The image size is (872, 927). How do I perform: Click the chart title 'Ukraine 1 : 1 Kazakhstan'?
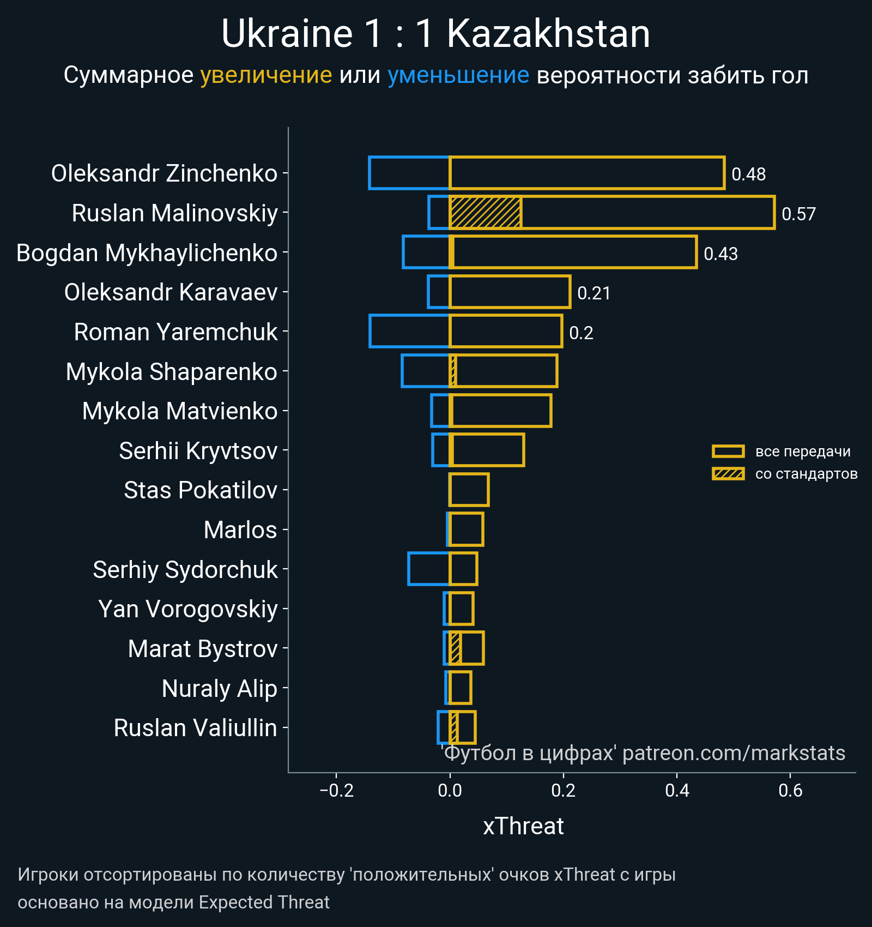435,34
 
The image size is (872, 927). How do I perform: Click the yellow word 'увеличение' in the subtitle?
266,75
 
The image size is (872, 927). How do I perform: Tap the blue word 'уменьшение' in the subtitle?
458,75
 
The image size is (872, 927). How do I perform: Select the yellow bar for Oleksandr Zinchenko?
586,173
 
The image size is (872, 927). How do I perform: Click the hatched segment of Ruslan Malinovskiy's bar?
485,213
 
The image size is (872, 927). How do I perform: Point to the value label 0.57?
798,214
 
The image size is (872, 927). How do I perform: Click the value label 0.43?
720,254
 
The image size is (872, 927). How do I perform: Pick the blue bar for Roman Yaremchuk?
409,331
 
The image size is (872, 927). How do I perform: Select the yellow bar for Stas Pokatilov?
469,490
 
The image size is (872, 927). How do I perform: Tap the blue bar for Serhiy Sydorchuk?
428,569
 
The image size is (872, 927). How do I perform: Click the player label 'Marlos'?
240,530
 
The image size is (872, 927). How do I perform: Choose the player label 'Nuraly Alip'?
220,688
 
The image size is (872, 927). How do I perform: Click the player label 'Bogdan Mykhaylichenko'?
147,253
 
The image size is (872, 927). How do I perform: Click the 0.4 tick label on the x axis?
677,790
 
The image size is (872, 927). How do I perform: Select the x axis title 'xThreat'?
523,826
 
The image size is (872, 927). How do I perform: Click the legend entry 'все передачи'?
802,452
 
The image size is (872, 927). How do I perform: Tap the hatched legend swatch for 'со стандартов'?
728,474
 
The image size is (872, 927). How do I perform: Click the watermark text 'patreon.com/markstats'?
734,753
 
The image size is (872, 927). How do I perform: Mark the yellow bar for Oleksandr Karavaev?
510,292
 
